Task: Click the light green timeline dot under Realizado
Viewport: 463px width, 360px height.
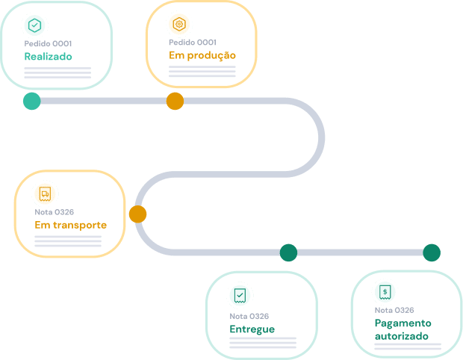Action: point(32,101)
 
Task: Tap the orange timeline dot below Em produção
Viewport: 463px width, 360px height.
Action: point(175,101)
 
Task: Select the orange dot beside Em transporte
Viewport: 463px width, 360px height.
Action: point(138,214)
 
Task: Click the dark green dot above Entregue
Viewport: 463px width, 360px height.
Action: point(288,252)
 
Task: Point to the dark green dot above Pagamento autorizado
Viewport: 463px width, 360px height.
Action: point(432,252)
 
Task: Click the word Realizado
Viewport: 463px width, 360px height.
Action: point(48,57)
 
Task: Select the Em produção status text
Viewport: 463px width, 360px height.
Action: point(202,56)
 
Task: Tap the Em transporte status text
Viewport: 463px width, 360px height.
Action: point(71,226)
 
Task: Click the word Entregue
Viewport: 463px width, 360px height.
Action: point(252,329)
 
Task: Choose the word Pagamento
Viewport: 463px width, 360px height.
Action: point(403,323)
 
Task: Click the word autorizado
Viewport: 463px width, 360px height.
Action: point(402,336)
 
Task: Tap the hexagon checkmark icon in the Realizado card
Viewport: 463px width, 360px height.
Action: point(34,25)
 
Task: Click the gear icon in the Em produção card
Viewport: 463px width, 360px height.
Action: point(179,24)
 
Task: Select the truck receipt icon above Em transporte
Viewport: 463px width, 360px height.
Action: point(45,194)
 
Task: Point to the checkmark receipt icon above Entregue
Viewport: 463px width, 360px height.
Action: point(240,296)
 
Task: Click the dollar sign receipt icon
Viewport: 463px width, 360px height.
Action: point(385,292)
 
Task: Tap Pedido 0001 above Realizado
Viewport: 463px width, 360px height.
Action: point(48,44)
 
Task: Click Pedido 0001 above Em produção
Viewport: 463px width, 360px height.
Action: point(193,43)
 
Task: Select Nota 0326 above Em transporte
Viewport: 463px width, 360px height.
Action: point(55,212)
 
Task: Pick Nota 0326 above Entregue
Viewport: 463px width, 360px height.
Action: point(249,316)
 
